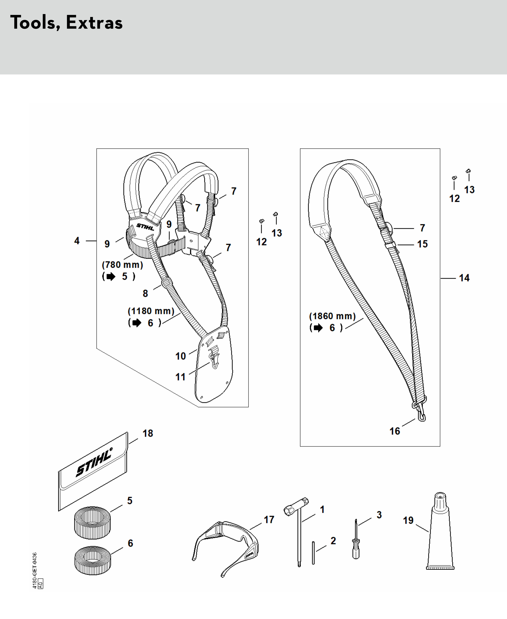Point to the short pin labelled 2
click(x=313, y=553)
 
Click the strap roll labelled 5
click(x=92, y=523)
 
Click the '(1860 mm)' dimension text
click(x=332, y=316)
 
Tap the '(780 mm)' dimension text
click(x=122, y=265)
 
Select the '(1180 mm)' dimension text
click(x=151, y=311)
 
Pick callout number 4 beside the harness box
click(x=77, y=241)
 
